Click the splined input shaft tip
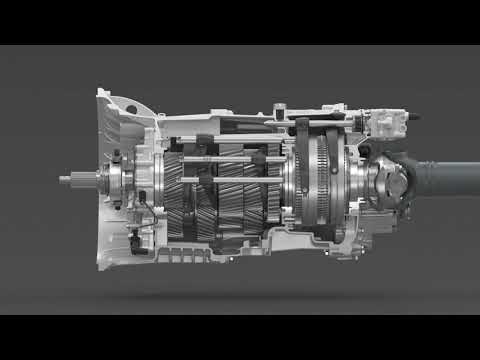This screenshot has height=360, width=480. [x=67, y=181]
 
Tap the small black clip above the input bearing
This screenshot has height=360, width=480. [x=117, y=155]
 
